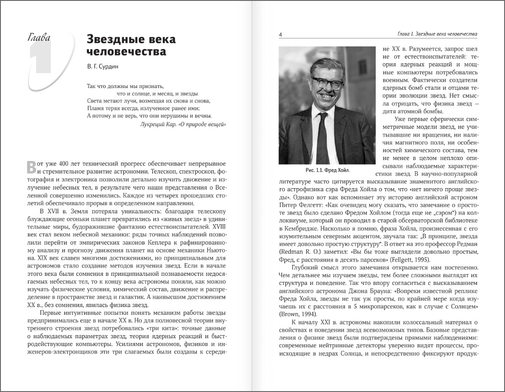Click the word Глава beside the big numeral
tap(39, 37)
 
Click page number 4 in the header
tap(280, 35)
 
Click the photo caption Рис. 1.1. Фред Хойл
tap(327, 170)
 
